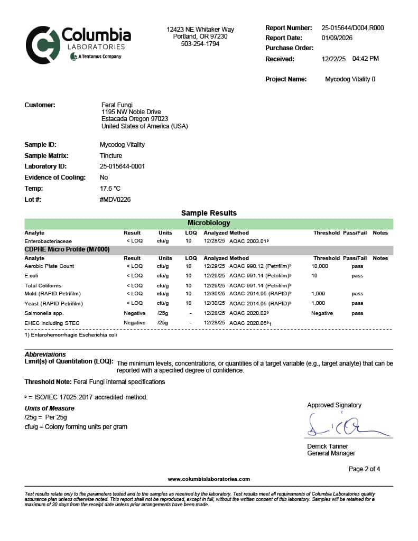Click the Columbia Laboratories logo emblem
[43, 45]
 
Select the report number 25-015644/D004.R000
[352, 28]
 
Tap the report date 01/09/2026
[337, 38]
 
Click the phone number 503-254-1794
[200, 44]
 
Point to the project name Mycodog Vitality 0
[350, 79]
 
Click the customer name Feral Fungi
[117, 105]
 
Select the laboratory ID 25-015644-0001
[122, 166]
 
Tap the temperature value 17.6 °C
[110, 189]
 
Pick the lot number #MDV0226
[115, 200]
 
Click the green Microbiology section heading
[209, 223]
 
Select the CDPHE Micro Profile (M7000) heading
[67, 249]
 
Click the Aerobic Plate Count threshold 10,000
[320, 266]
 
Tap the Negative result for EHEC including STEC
[134, 323]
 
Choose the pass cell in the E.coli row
[357, 276]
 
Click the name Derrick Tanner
[328, 446]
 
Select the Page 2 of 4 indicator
[364, 469]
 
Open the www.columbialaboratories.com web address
[209, 479]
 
